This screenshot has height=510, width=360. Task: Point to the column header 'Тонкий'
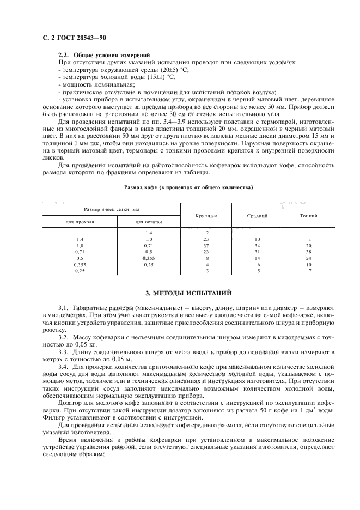point(309,216)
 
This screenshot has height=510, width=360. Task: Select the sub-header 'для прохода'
point(80,222)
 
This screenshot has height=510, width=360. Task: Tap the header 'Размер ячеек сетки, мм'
point(112,209)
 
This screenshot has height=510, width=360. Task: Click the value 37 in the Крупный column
point(207,246)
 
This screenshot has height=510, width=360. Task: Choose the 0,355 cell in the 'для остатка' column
point(149,258)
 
